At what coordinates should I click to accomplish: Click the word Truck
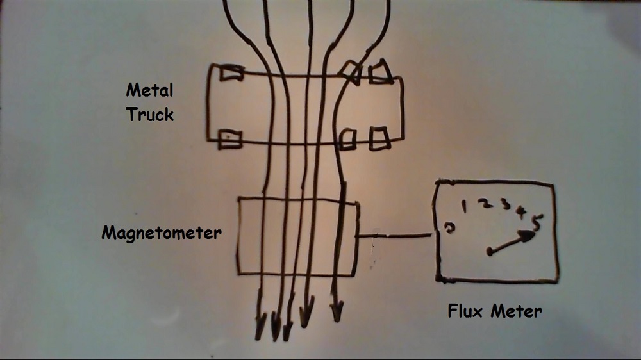pos(149,115)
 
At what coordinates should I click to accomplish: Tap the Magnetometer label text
pos(162,233)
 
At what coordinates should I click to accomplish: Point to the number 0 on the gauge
pos(450,228)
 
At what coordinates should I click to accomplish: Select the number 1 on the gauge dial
pos(466,206)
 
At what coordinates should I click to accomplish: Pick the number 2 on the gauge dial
pos(486,204)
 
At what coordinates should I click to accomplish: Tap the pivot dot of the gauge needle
pos(490,252)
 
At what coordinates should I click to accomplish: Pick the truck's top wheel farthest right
pos(380,72)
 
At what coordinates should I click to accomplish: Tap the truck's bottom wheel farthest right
pos(379,138)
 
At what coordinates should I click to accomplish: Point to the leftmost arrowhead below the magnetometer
pos(260,327)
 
